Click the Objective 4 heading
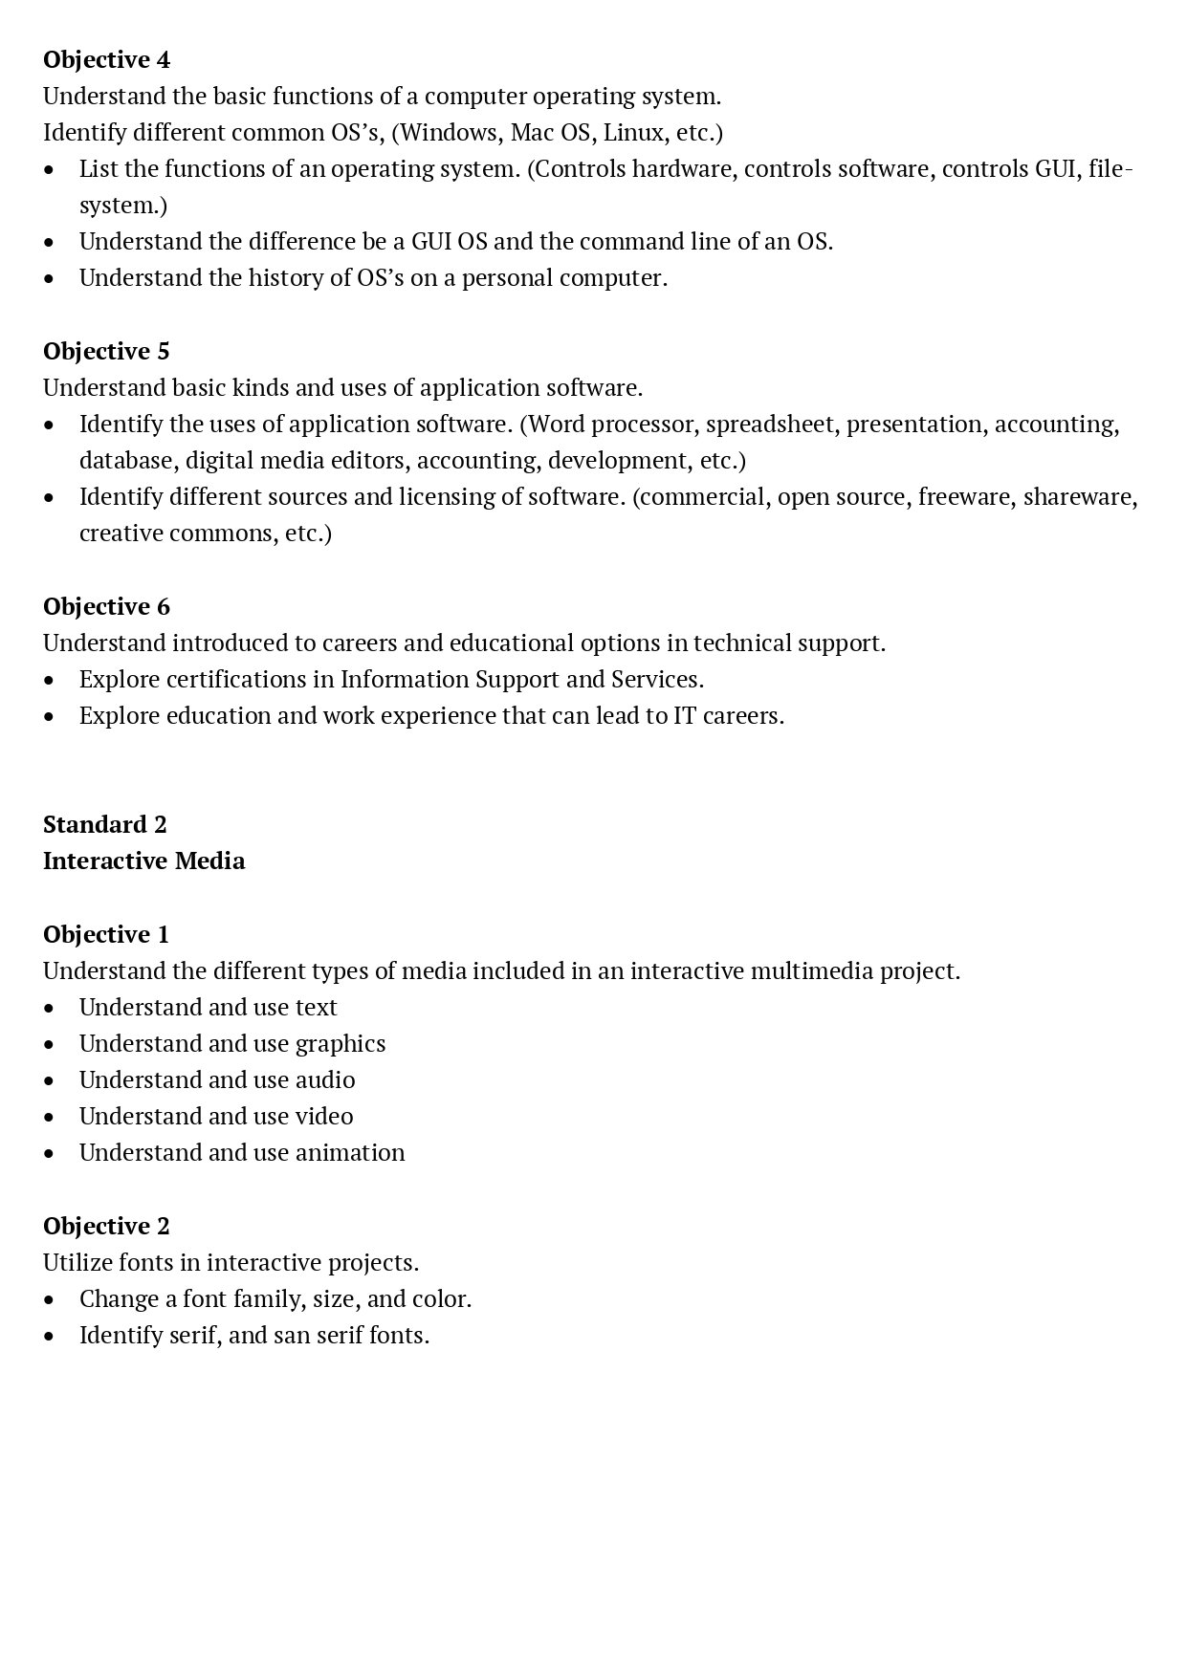click(106, 60)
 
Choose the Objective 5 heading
click(106, 352)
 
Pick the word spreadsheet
click(771, 425)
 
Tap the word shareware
click(1080, 497)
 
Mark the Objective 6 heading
click(106, 607)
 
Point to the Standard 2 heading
click(105, 825)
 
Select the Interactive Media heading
click(144, 861)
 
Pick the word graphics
click(341, 1044)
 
